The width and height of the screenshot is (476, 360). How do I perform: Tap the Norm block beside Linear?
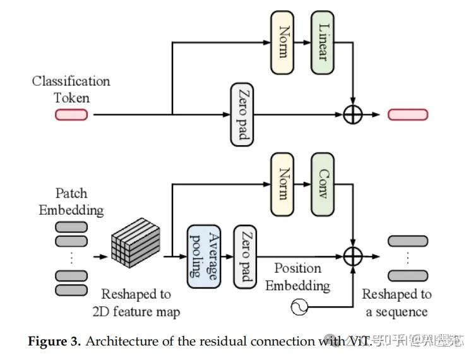(282, 43)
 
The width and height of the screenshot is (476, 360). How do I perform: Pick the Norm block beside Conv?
(282, 184)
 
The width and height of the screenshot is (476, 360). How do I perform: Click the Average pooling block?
(202, 256)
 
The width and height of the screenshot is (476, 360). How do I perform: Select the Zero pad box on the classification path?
(242, 114)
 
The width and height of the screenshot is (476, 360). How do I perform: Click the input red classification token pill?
(71, 114)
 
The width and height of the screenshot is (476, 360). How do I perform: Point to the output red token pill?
(408, 114)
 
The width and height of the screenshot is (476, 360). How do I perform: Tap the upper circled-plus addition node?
(352, 114)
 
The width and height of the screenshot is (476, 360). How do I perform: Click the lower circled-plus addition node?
(352, 256)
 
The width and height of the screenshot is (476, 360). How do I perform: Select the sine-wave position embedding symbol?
(298, 308)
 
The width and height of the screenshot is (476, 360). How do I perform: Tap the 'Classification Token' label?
(71, 89)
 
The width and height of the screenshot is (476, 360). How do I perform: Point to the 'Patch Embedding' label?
(71, 201)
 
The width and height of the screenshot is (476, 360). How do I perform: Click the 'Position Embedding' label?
(297, 277)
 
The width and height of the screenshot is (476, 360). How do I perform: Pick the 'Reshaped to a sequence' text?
(396, 303)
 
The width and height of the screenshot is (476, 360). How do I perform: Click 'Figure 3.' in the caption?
(54, 342)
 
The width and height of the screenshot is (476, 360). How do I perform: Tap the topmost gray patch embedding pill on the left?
(71, 227)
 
